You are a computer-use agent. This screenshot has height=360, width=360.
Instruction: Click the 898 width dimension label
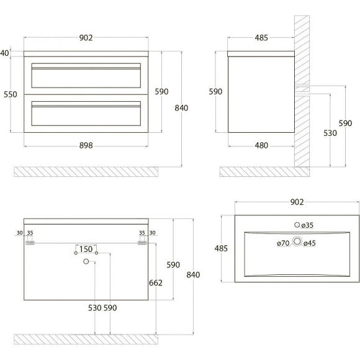tap(86, 145)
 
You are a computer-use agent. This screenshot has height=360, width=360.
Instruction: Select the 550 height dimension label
tap(11, 94)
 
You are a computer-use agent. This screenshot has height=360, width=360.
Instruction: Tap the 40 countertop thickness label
tap(4, 53)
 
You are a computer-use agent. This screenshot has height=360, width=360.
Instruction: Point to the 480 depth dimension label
tap(261, 145)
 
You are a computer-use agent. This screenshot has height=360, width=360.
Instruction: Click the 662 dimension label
tap(156, 283)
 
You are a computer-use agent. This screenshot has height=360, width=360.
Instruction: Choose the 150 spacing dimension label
tap(86, 249)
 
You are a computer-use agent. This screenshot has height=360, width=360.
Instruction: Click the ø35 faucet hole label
tap(307, 225)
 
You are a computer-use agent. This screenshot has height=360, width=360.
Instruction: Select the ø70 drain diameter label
tap(283, 243)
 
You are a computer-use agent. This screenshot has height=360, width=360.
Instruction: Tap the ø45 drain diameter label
tap(310, 243)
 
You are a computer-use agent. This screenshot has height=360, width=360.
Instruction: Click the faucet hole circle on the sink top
tap(297, 225)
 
